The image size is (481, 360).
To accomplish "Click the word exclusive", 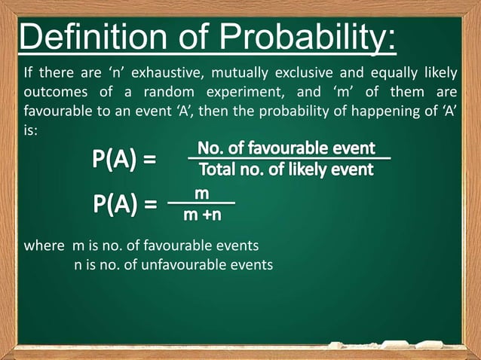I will pos(307,73).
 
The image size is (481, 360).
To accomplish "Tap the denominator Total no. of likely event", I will pos(286,169).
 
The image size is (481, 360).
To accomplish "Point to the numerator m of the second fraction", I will pos(201,194).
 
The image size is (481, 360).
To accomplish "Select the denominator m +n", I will pos(202,216).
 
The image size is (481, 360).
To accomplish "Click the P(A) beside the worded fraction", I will pos(125,160).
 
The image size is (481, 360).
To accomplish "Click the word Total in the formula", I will pos(219,169).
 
